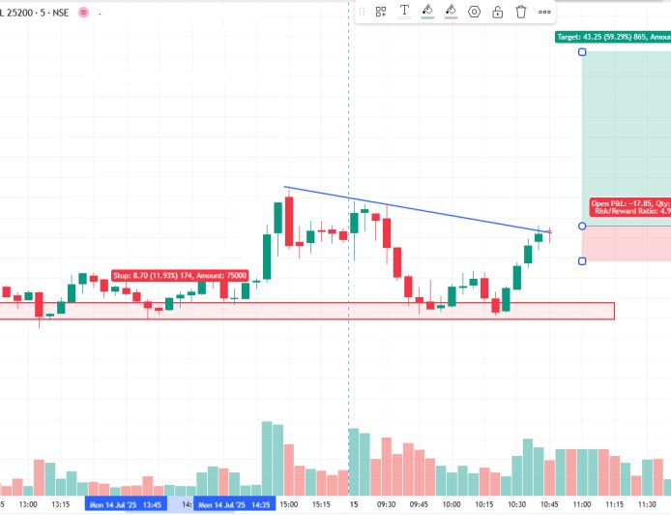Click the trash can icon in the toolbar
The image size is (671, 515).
pyautogui.click(x=521, y=12)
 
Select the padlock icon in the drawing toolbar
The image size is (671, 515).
pyautogui.click(x=497, y=12)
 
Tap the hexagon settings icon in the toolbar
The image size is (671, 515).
pyautogui.click(x=474, y=12)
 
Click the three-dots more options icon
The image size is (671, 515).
pyautogui.click(x=545, y=12)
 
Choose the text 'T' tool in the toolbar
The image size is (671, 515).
pyautogui.click(x=403, y=12)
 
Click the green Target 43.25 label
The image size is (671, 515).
pyautogui.click(x=612, y=37)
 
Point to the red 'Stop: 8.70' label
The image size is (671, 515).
pyautogui.click(x=180, y=276)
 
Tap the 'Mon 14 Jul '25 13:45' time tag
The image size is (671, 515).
pyautogui.click(x=125, y=504)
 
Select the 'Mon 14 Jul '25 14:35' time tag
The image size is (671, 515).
pyautogui.click(x=233, y=504)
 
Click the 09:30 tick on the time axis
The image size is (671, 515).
pyautogui.click(x=386, y=504)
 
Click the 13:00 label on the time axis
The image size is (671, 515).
pyautogui.click(x=27, y=504)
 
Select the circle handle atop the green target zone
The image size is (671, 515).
pyautogui.click(x=582, y=51)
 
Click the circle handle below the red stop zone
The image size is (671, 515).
pyautogui.click(x=582, y=260)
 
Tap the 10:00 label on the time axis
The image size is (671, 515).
pyautogui.click(x=451, y=504)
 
